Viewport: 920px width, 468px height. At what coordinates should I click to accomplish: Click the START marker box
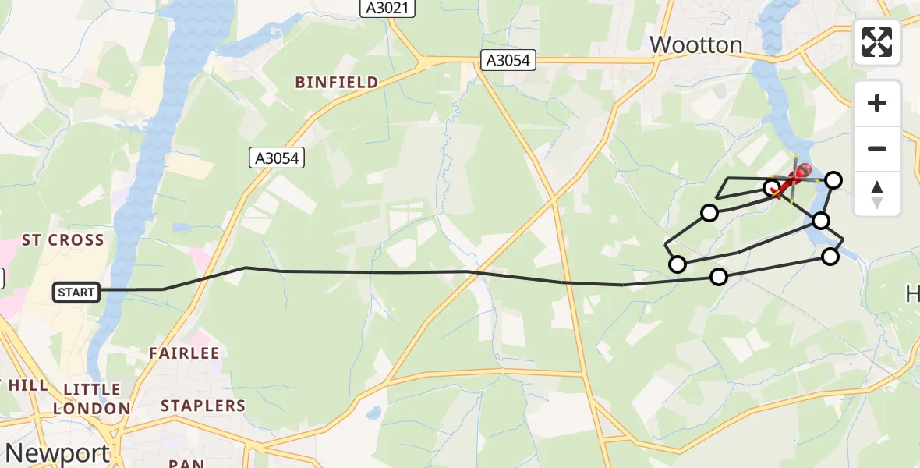76,292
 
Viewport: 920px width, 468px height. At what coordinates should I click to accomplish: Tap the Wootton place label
695,44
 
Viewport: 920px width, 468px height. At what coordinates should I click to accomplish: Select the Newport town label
57,452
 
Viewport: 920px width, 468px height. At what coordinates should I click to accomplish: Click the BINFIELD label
336,82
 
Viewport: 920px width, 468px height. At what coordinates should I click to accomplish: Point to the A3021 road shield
387,8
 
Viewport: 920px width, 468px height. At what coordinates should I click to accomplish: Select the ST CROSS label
62,240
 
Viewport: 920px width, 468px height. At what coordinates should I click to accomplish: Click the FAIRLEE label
184,353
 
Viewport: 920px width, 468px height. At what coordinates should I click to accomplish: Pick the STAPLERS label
203,406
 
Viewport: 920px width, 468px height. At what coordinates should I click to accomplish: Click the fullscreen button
877,42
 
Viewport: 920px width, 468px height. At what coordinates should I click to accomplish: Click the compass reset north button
877,193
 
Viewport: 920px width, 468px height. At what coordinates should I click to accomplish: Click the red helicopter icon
801,171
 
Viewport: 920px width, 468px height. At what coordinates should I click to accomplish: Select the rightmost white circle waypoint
833,180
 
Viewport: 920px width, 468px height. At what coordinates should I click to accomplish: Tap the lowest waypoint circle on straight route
719,276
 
